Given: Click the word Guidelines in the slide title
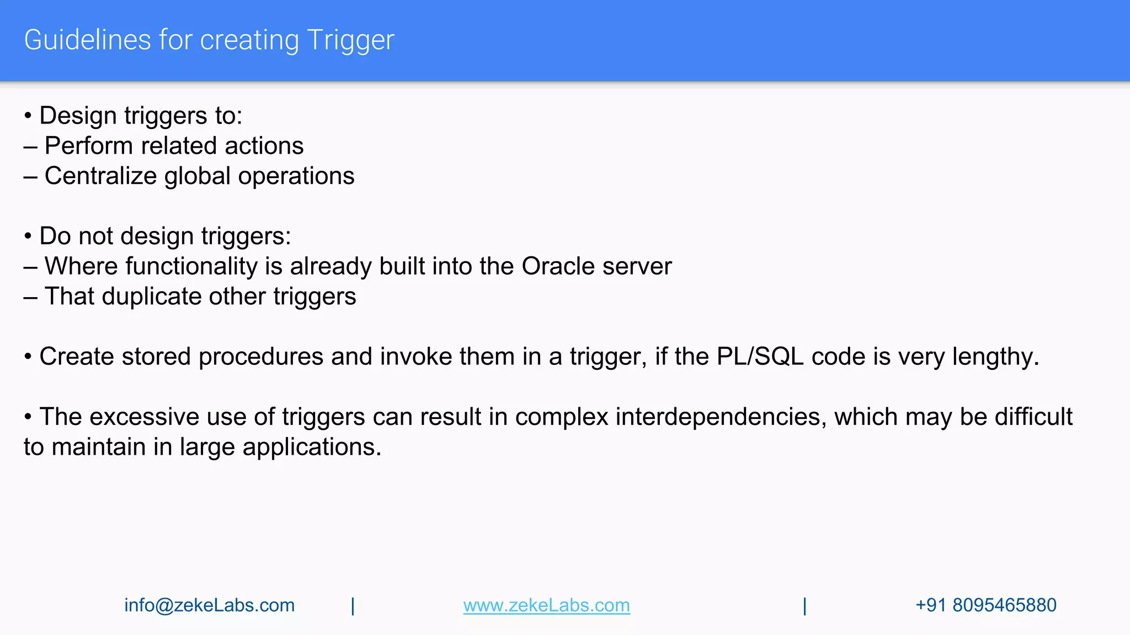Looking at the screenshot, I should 87,40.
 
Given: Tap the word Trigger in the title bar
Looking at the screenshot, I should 350,40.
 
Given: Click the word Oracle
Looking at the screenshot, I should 558,266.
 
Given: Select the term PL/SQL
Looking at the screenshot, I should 760,357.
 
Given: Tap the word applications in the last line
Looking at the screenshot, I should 311,447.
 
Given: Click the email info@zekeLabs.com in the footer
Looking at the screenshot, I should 209,605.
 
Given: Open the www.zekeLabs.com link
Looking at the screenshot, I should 546,605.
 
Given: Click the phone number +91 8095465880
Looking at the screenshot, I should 985,605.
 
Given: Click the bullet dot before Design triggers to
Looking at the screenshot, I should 28,116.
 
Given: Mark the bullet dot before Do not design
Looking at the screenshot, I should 28,236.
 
